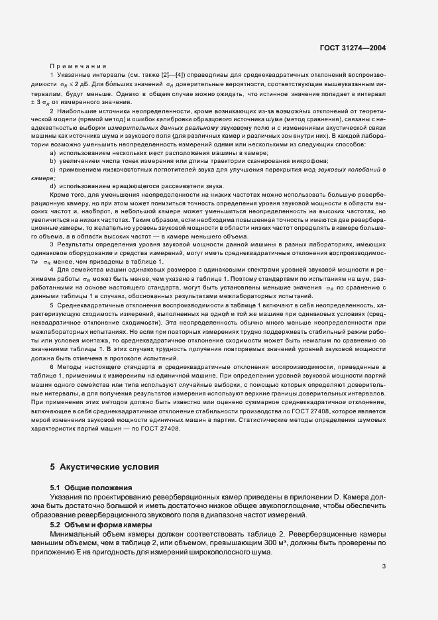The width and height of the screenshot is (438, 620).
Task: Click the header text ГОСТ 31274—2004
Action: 353,48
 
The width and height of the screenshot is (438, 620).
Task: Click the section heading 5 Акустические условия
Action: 105,466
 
